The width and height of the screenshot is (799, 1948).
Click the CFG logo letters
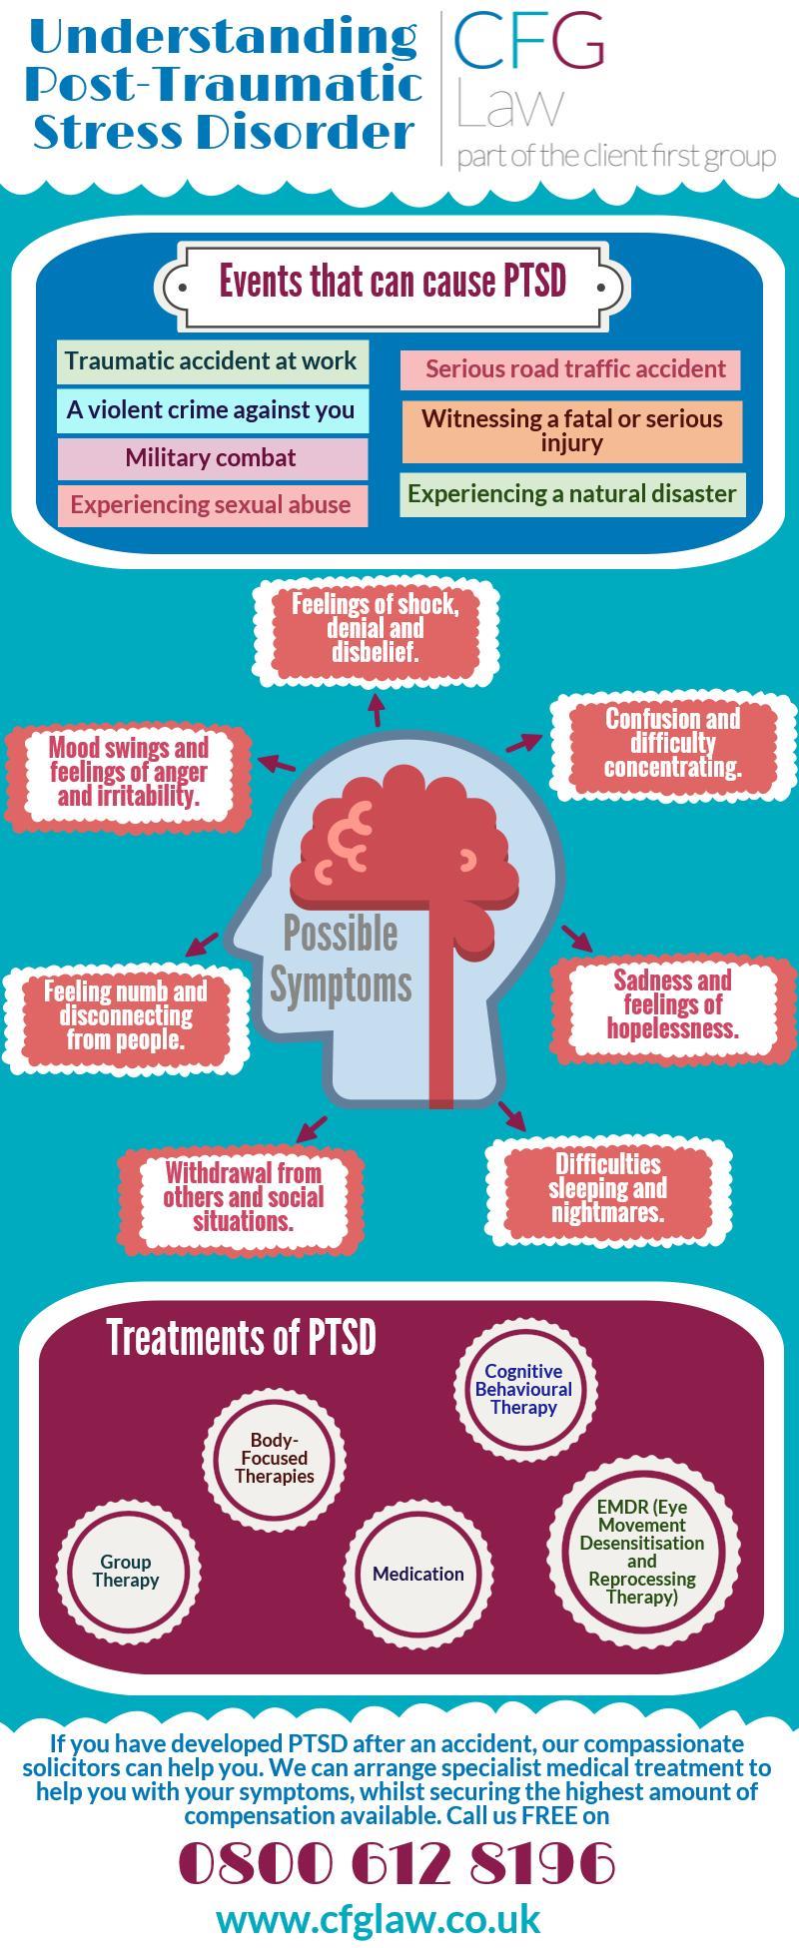[529, 42]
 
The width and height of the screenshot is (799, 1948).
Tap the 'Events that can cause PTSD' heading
[393, 283]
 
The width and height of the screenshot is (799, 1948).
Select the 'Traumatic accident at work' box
[211, 361]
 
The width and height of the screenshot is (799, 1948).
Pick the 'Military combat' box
[211, 458]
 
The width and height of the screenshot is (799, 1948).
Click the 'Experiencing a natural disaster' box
[572, 494]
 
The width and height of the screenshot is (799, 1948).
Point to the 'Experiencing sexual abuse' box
[211, 505]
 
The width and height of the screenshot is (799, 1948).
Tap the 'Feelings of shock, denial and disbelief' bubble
[376, 629]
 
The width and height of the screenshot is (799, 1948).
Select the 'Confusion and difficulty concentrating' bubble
[672, 744]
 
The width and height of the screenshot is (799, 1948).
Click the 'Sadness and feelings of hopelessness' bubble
[672, 1004]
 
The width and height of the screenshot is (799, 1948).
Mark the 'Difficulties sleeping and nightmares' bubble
[607, 1188]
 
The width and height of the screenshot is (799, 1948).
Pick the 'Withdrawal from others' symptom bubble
[243, 1197]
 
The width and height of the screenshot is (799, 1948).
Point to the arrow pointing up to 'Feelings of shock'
[377, 710]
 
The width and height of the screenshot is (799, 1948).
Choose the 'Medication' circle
[418, 1574]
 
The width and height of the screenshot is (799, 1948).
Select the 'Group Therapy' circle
[127, 1571]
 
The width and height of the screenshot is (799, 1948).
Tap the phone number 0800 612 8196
[397, 1864]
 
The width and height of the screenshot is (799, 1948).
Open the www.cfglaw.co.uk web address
[379, 1919]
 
